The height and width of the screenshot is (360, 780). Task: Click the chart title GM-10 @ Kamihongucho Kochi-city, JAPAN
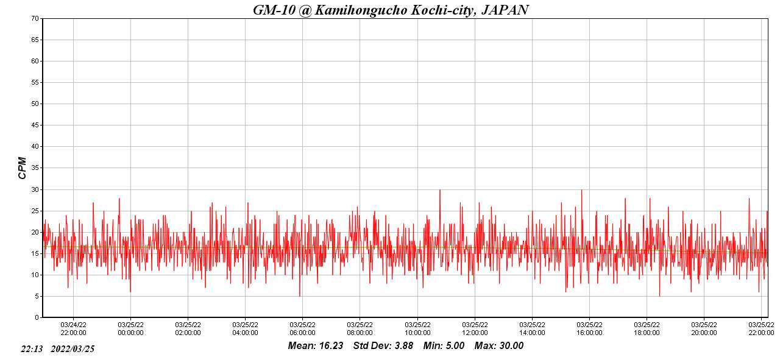(x=391, y=10)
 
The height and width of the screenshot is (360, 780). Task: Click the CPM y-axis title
(x=23, y=168)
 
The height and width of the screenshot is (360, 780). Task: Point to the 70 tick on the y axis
(x=35, y=18)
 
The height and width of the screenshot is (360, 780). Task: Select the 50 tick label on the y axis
(x=35, y=104)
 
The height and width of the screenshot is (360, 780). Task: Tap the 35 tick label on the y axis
(x=35, y=168)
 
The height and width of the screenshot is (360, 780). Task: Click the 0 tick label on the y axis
(x=37, y=317)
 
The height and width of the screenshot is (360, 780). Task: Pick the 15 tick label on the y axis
(x=35, y=253)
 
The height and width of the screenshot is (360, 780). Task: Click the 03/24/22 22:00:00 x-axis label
(x=73, y=328)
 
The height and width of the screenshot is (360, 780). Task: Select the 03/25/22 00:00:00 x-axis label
(x=130, y=328)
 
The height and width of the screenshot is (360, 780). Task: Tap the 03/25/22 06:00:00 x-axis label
(x=302, y=328)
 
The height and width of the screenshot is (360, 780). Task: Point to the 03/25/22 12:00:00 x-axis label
(x=475, y=328)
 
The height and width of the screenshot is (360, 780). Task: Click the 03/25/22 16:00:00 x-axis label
(x=589, y=328)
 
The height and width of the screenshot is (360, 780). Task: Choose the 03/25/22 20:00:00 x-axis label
(x=704, y=328)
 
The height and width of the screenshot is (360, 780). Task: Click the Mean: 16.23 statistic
(x=316, y=346)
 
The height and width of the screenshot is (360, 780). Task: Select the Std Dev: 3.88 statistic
(x=383, y=346)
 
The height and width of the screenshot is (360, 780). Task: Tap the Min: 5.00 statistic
(x=444, y=346)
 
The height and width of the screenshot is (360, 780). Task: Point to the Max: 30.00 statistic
(x=498, y=346)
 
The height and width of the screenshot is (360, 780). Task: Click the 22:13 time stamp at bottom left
(x=31, y=349)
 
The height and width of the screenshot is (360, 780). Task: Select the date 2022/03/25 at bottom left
(x=73, y=349)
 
